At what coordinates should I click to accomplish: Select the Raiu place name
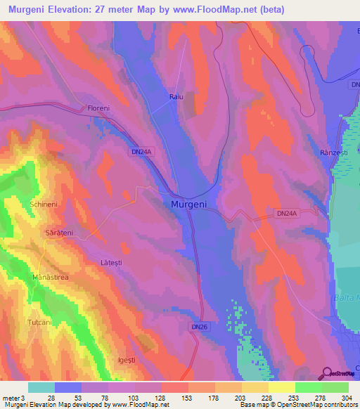coord(176,98)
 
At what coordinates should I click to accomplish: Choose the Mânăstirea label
coord(50,278)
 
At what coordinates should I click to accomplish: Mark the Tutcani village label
coord(40,321)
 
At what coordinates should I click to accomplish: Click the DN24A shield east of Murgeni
coord(286,212)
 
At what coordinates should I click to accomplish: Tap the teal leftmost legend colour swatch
coord(41,387)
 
